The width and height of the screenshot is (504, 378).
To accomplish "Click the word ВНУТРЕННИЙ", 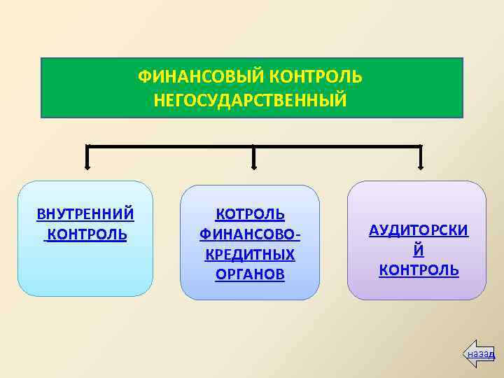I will pyautogui.click(x=85, y=213).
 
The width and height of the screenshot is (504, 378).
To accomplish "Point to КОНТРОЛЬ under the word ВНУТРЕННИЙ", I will pyautogui.click(x=87, y=234).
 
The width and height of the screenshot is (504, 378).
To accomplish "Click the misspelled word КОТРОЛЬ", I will pyautogui.click(x=250, y=213).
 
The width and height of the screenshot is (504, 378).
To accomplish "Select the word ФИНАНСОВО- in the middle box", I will pyautogui.click(x=250, y=234).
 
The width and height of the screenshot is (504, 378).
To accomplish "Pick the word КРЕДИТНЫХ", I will pyautogui.click(x=250, y=253).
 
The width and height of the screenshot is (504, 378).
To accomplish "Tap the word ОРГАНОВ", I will pyautogui.click(x=250, y=274).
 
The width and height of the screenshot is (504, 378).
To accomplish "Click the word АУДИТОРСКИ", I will pyautogui.click(x=419, y=231).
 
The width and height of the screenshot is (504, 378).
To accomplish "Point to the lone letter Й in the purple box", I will pyautogui.click(x=419, y=251).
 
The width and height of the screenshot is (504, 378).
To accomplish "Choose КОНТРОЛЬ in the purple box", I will pyautogui.click(x=419, y=270).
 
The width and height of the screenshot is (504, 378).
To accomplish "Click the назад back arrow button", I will pyautogui.click(x=480, y=354).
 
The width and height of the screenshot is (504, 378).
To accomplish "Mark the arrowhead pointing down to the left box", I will pyautogui.click(x=87, y=166).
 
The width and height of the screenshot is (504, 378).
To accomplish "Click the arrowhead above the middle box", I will pyautogui.click(x=253, y=166).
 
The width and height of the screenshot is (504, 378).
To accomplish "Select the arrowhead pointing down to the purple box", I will pyautogui.click(x=420, y=166).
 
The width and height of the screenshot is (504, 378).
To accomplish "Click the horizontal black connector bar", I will pyautogui.click(x=168, y=146).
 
